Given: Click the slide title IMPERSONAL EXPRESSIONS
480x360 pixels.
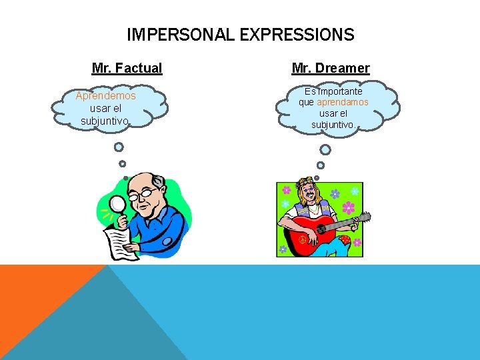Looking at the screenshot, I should pyautogui.click(x=240, y=34).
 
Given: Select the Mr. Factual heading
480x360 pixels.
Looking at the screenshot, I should pyautogui.click(x=127, y=68).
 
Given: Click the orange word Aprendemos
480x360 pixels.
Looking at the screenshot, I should pyautogui.click(x=105, y=96).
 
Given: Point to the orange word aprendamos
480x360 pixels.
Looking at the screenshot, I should pyautogui.click(x=343, y=103).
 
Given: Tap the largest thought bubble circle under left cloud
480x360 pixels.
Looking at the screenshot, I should pyautogui.click(x=119, y=147).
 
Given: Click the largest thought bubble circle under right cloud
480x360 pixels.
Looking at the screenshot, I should pyautogui.click(x=325, y=149).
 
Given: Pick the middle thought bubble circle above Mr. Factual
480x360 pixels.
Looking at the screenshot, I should pyautogui.click(x=122, y=163).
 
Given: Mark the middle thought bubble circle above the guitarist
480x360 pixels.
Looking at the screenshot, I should pyautogui.click(x=321, y=165).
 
